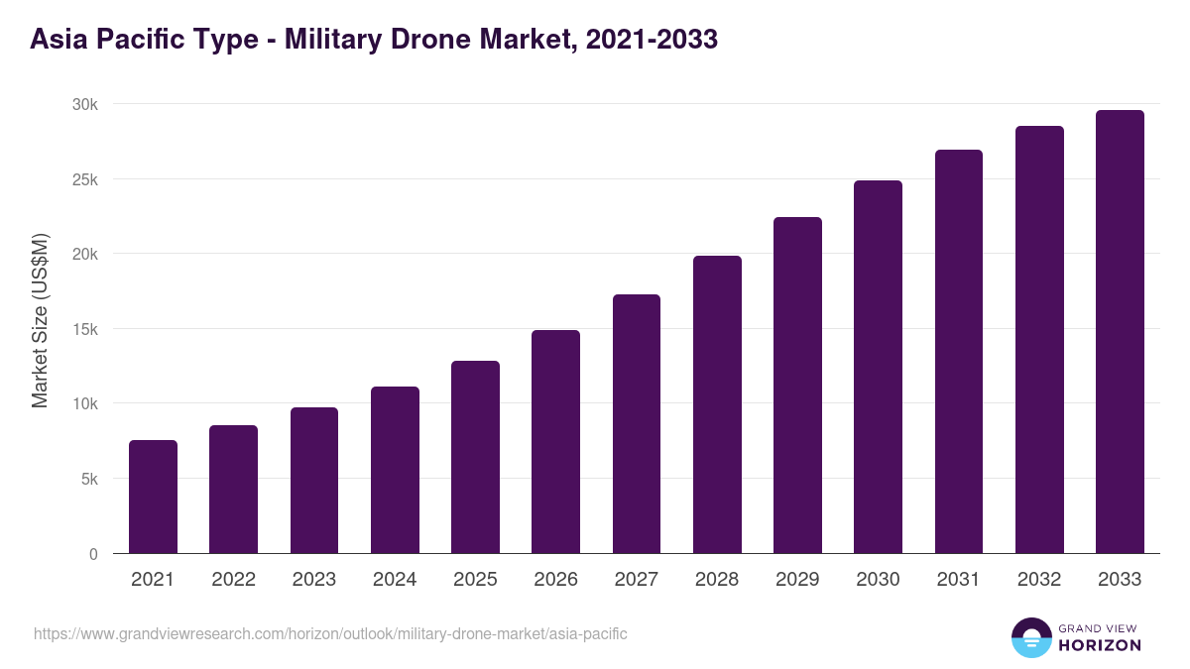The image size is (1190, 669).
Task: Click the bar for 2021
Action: click(x=153, y=497)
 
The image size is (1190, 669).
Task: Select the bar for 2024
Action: click(x=395, y=470)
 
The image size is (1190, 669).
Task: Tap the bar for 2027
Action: click(x=637, y=424)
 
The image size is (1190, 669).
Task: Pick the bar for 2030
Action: click(x=878, y=367)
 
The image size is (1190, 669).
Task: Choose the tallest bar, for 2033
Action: click(x=1120, y=332)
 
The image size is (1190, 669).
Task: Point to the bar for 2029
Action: click(x=797, y=386)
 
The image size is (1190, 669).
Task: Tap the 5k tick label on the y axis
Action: click(x=88, y=479)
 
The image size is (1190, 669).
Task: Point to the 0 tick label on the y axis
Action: click(x=93, y=554)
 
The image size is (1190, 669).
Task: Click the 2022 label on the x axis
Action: click(x=233, y=580)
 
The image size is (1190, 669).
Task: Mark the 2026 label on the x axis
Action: click(x=555, y=580)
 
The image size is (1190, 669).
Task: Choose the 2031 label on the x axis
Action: click(x=958, y=580)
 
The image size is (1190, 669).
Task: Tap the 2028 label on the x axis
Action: click(x=717, y=580)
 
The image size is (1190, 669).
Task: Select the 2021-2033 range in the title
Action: click(x=652, y=40)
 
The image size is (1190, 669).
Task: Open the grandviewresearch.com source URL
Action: click(x=330, y=633)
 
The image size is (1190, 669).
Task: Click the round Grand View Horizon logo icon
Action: click(x=1030, y=637)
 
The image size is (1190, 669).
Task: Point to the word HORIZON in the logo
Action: click(x=1100, y=645)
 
